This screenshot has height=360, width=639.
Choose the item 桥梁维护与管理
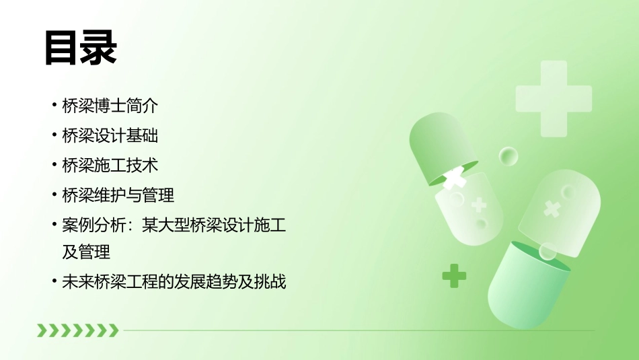tap(118, 195)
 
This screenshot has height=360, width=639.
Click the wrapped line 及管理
tap(86, 252)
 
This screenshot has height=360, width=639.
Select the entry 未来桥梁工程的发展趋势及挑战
tap(174, 282)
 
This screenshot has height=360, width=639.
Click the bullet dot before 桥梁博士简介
tap(54, 106)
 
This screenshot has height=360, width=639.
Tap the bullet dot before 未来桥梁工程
tap(54, 282)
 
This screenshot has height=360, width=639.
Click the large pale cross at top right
tap(554, 98)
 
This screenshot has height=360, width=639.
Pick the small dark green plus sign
tap(454, 275)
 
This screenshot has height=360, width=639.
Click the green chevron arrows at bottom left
tap(77, 330)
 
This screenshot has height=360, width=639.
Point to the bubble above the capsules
tap(509, 157)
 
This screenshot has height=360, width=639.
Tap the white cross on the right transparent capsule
tap(552, 209)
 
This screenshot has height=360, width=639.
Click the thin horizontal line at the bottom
tap(356, 330)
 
